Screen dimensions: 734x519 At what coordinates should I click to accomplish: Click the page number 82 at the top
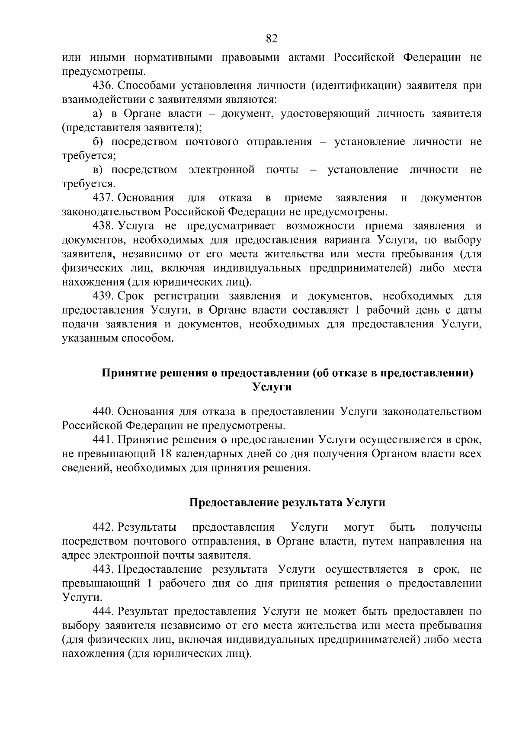pos(271,39)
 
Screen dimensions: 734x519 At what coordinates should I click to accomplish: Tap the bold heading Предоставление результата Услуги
pos(288,503)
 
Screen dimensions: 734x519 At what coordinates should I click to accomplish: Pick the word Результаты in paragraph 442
pos(147,527)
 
